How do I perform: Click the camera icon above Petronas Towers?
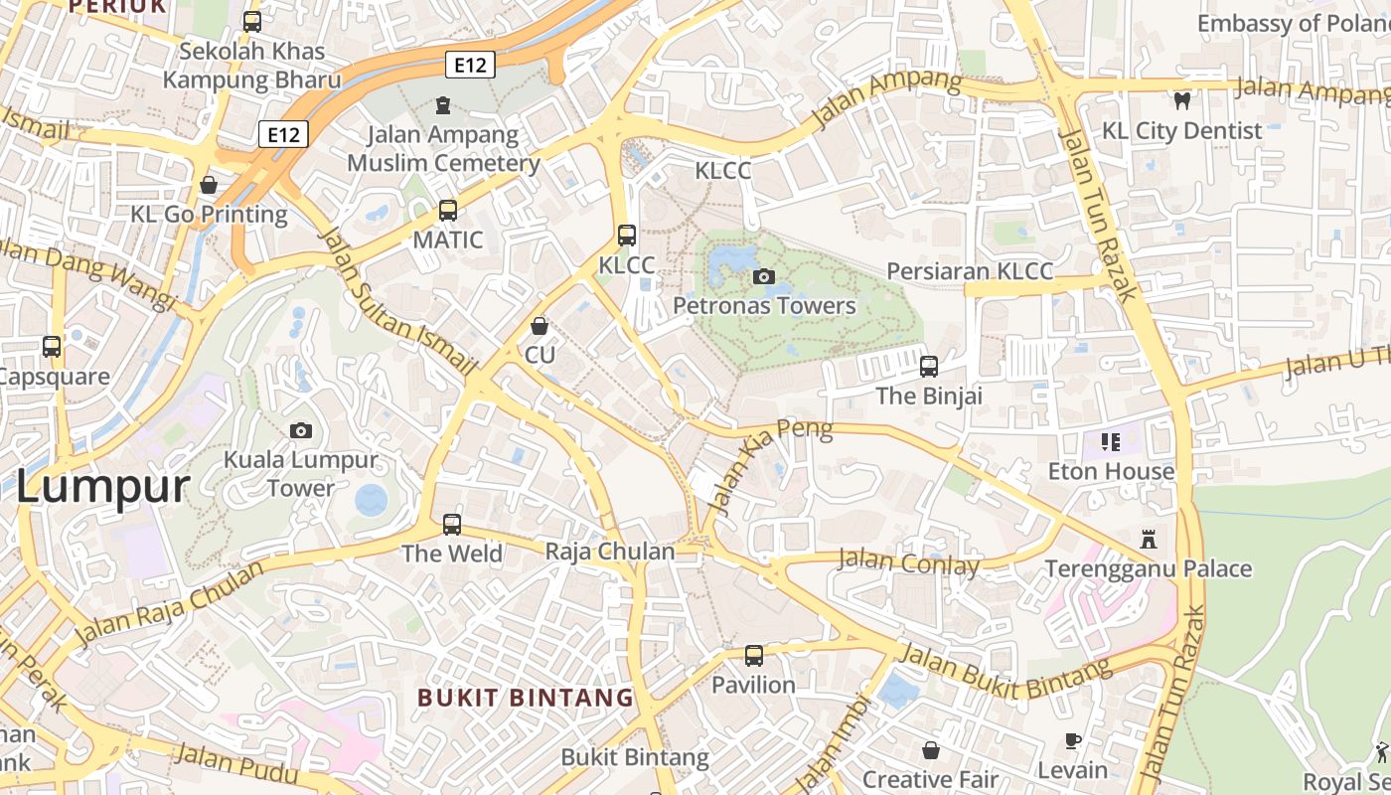tap(763, 276)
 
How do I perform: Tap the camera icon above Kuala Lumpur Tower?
tap(300, 430)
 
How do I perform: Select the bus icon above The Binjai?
tap(929, 367)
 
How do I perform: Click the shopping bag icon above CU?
tap(540, 326)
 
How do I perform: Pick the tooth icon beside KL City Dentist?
tap(1181, 100)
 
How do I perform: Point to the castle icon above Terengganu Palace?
tap(1149, 540)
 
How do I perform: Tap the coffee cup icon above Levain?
tap(1073, 740)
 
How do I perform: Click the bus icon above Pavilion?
tap(754, 656)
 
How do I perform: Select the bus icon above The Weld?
tap(452, 524)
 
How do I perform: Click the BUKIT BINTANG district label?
tap(526, 698)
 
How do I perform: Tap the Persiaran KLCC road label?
tap(969, 271)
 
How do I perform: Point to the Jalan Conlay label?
tap(909, 562)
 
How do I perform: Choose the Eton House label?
tap(1111, 471)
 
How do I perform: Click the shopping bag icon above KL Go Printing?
tap(209, 185)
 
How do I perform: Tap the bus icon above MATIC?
tap(448, 211)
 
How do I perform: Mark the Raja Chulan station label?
tap(610, 552)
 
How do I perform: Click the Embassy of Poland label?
tap(1293, 23)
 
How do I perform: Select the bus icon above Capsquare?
tap(52, 347)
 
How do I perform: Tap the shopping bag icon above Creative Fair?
tap(931, 749)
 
